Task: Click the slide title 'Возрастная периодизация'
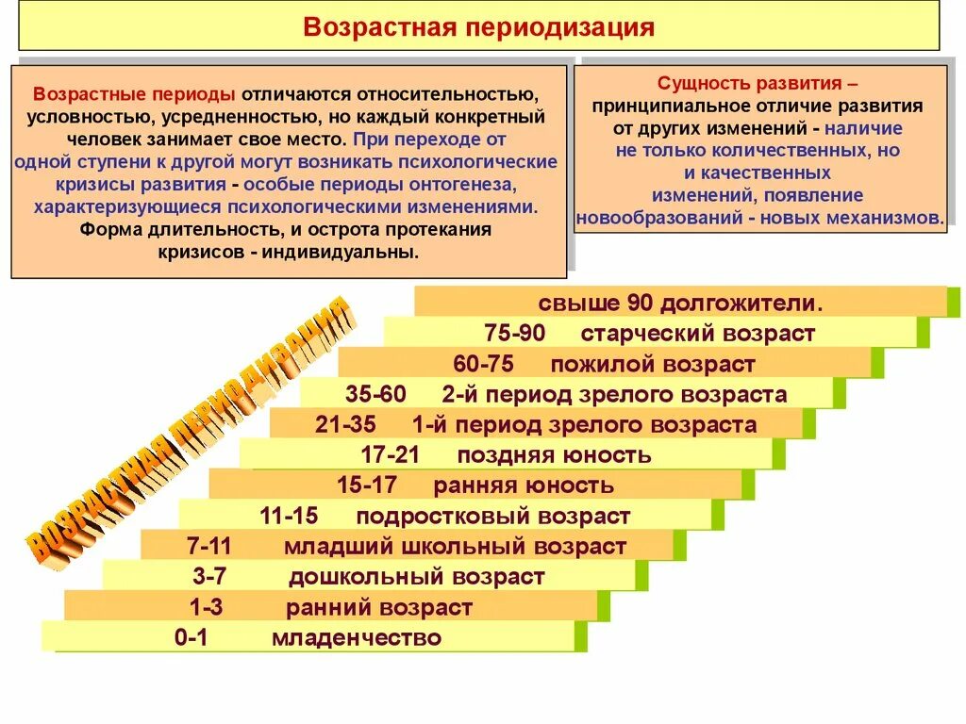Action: tap(478, 26)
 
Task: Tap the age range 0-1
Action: tap(191, 637)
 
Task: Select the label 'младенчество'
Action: tap(356, 638)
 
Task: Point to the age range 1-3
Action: tap(207, 607)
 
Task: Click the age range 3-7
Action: tap(211, 576)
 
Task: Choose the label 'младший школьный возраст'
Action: tap(455, 546)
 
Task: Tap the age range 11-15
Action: tap(289, 516)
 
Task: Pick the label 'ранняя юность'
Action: tap(524, 485)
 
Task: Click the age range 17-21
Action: tap(390, 455)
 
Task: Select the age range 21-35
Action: tap(346, 425)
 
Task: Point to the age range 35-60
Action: tap(375, 394)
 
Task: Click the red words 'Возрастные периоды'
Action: tap(134, 95)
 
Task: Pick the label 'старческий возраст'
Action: tap(697, 333)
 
